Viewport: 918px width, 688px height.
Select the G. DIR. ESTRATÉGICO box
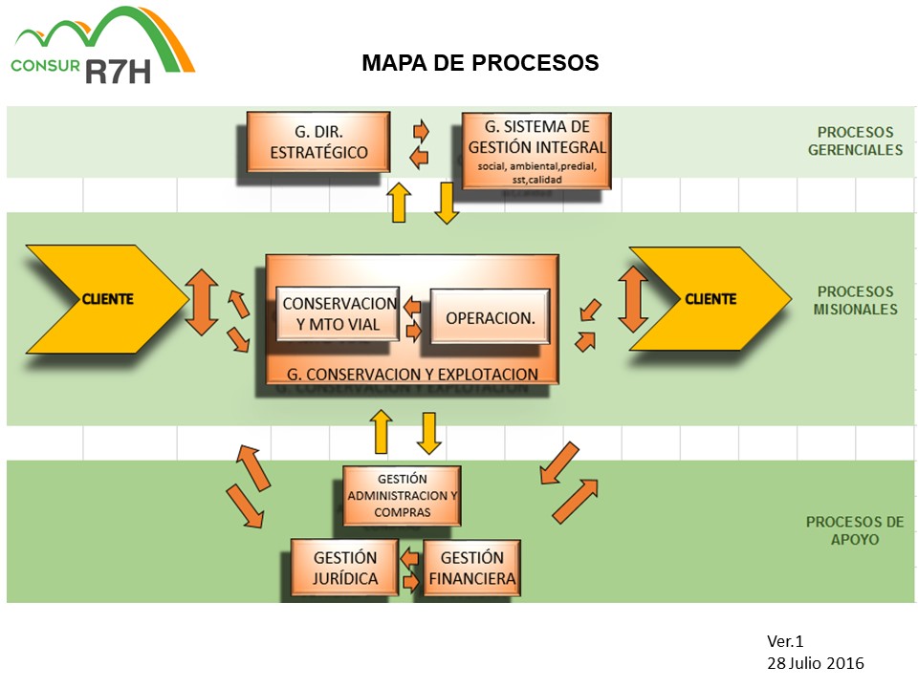318,141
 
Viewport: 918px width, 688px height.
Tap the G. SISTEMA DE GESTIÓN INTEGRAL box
536,149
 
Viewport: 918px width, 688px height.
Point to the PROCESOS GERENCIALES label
855,141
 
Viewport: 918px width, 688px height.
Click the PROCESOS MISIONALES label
855,300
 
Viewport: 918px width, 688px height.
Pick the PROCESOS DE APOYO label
854,530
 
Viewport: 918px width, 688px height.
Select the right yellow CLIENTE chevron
708,299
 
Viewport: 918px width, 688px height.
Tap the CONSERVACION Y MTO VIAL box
339,313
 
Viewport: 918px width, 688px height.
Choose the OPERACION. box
490,317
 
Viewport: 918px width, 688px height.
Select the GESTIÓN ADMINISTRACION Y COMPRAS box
402,495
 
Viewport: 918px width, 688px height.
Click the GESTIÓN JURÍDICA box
345,568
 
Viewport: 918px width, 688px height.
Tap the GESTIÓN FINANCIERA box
471,568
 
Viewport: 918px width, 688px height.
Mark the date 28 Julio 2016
815,662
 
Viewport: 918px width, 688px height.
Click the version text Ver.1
787,642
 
